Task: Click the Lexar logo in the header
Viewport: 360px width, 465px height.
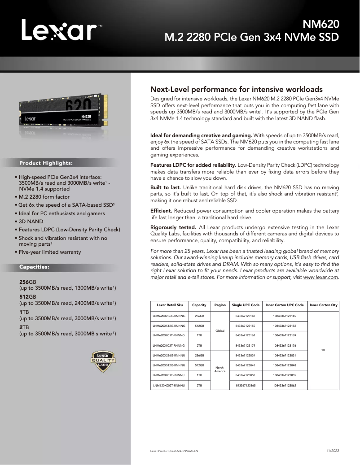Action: click(x=61, y=31)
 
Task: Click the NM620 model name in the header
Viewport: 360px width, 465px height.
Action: click(x=320, y=24)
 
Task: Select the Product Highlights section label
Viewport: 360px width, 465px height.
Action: click(x=46, y=163)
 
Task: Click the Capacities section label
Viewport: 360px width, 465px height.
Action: click(x=34, y=267)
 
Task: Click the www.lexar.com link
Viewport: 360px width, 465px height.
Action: click(x=320, y=277)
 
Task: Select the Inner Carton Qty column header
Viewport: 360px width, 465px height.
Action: click(x=323, y=305)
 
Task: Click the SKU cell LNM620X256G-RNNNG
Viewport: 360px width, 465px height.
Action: click(x=169, y=316)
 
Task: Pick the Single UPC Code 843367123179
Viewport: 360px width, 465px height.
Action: click(x=245, y=345)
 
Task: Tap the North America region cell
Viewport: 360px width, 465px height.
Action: click(x=220, y=369)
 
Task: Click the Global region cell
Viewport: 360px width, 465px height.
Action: click(x=220, y=330)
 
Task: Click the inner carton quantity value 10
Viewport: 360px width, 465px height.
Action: click(x=323, y=350)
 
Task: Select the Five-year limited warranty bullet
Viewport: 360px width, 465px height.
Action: click(x=49, y=252)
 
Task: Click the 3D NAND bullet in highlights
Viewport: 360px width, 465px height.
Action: click(x=31, y=221)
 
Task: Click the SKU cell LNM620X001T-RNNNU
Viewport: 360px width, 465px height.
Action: click(x=169, y=375)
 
